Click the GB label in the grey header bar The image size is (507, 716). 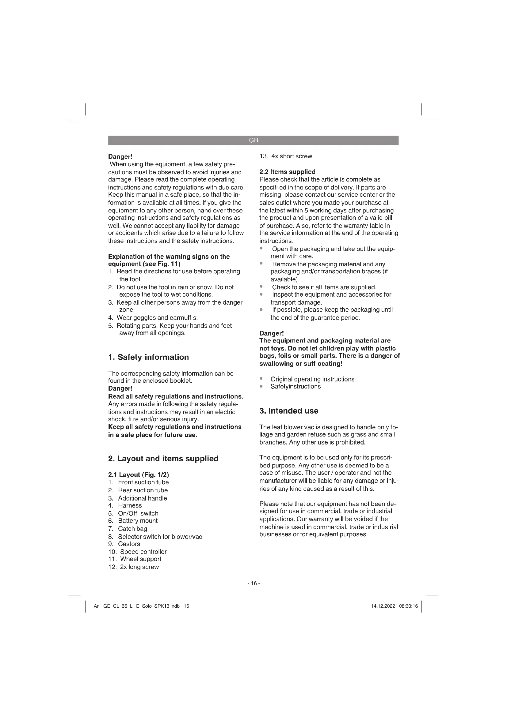coord(253,140)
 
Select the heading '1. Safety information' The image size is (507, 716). coord(148,357)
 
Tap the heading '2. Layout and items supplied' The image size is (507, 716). coord(163,459)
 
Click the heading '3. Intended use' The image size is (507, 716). coord(289,411)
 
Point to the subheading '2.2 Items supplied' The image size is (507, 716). coord(287,172)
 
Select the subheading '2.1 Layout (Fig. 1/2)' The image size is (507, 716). coord(138,475)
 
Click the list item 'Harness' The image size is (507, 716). coord(130,505)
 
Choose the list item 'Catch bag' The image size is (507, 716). coord(132,529)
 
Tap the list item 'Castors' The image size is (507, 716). coord(129,544)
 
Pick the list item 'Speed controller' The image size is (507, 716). coord(143,552)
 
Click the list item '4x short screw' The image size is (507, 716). coord(292,156)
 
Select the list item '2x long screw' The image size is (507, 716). coord(139,567)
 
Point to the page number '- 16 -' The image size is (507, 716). coord(253,583)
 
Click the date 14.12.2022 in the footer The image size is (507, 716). coord(383,606)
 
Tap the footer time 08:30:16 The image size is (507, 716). coord(408,606)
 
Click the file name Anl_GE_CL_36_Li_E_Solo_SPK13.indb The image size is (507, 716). coord(137,606)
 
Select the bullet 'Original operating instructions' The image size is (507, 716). coord(312,379)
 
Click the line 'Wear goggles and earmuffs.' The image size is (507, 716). coord(157,318)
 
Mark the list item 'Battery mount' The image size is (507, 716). coord(138,521)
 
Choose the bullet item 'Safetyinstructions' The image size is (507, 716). coord(295,386)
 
